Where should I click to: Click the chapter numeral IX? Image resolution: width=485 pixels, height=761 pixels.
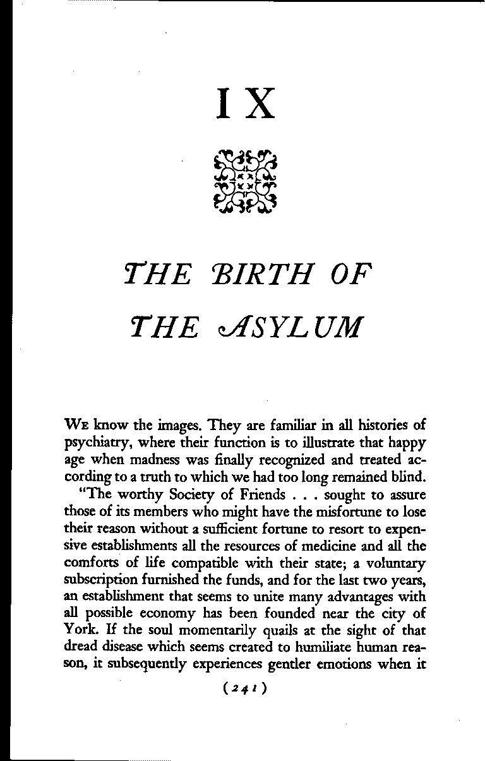[246, 103]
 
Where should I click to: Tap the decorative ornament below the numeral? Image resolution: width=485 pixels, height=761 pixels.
[246, 181]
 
